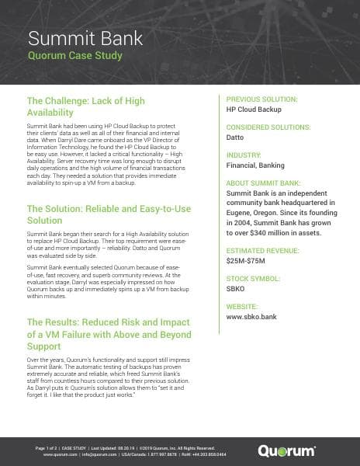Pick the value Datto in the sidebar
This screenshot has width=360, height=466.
click(236, 137)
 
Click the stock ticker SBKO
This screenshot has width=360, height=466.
click(236, 290)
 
